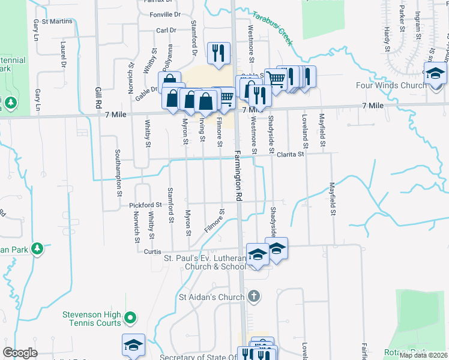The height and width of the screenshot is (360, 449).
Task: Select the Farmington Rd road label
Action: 238,175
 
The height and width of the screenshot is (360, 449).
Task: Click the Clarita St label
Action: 291,154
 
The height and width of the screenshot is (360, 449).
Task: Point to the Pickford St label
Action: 145,205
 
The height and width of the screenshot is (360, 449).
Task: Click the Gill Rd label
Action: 98,97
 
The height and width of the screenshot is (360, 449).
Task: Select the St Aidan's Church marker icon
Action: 254,296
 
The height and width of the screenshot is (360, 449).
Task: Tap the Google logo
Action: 20,353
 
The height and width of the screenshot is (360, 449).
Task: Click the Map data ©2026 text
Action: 424,355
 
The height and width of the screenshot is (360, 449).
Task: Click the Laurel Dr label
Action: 62,54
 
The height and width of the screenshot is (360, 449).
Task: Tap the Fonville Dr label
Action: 165,14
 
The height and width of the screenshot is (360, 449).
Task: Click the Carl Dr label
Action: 165,30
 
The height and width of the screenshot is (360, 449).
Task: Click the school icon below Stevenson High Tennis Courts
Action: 133,345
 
